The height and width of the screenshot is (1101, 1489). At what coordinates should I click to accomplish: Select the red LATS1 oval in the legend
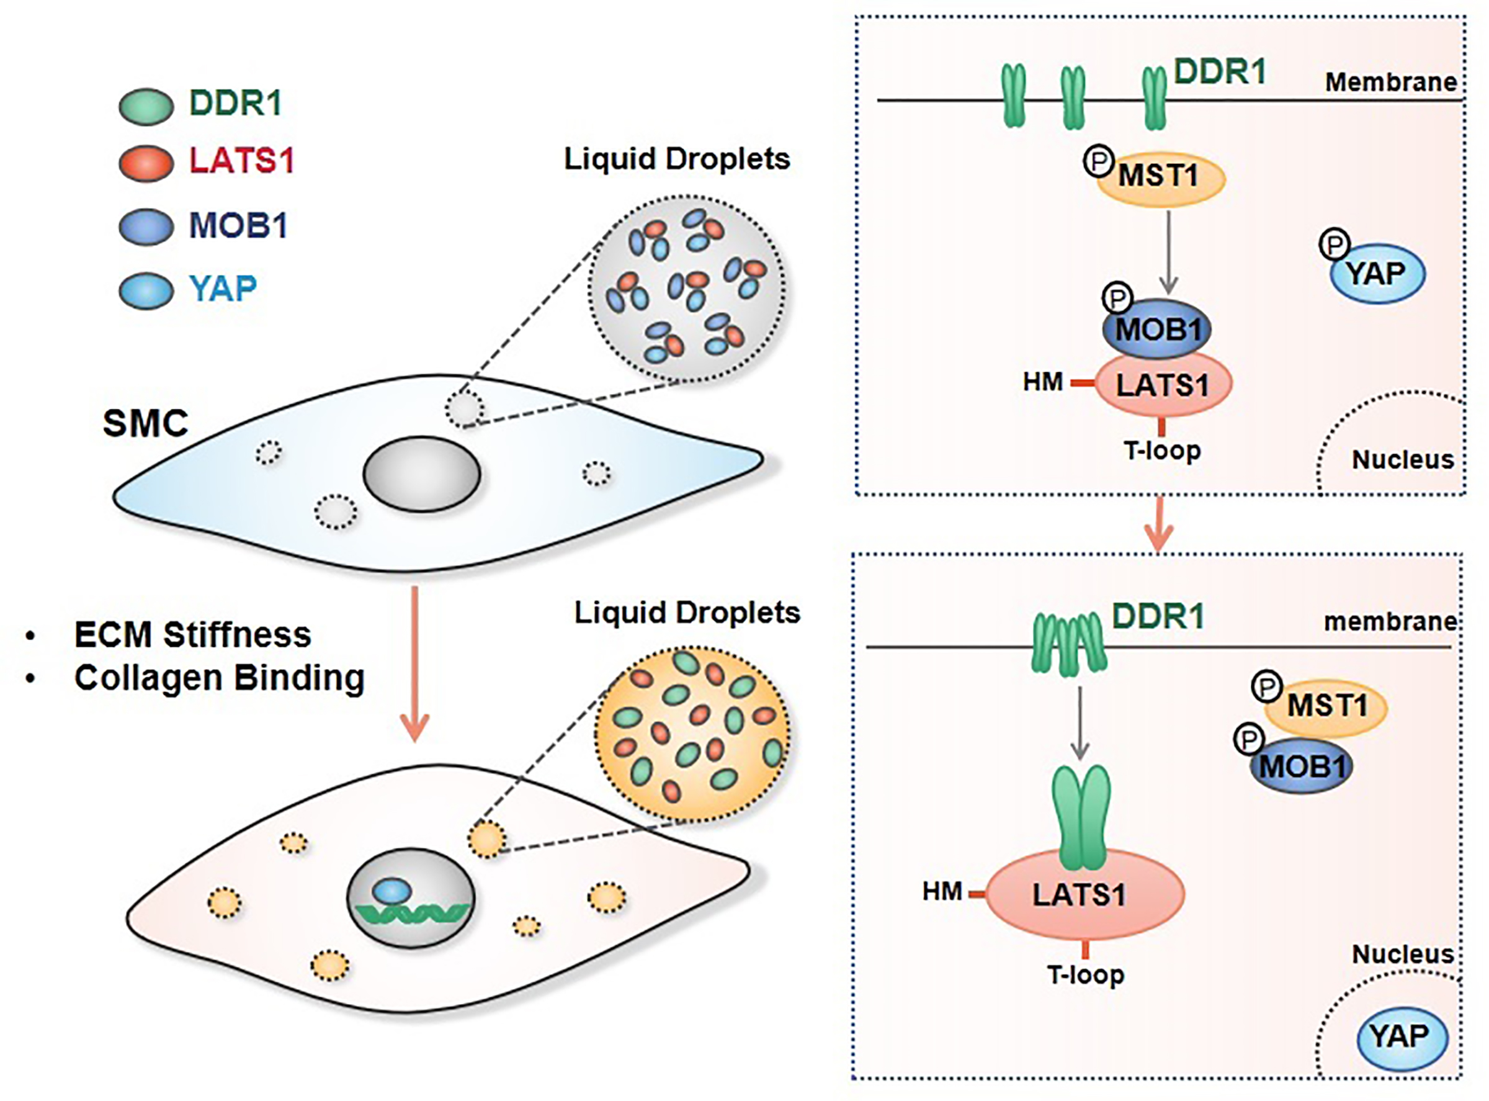[146, 163]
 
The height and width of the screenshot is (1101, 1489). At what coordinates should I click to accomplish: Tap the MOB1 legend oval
[146, 227]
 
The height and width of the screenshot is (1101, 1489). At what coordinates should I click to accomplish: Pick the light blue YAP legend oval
[146, 290]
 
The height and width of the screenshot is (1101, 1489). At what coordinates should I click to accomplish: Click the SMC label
[145, 423]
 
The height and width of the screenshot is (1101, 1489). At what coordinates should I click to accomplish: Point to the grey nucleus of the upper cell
[421, 474]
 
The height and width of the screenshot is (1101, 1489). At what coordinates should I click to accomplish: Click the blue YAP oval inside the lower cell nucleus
[391, 891]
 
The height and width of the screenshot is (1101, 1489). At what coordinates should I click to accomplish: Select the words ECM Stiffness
[192, 634]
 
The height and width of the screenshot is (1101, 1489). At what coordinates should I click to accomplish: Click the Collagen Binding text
[219, 678]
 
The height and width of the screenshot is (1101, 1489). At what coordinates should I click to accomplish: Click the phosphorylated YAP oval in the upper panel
[1377, 273]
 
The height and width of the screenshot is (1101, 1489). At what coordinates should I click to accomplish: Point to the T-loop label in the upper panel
[1163, 451]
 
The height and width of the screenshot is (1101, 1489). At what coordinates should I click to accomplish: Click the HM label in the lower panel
[942, 891]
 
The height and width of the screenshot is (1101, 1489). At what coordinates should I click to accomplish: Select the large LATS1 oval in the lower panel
[1084, 894]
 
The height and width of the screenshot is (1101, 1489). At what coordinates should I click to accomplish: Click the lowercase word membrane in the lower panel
[1390, 622]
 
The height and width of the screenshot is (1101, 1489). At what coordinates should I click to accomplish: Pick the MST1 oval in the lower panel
[1326, 706]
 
